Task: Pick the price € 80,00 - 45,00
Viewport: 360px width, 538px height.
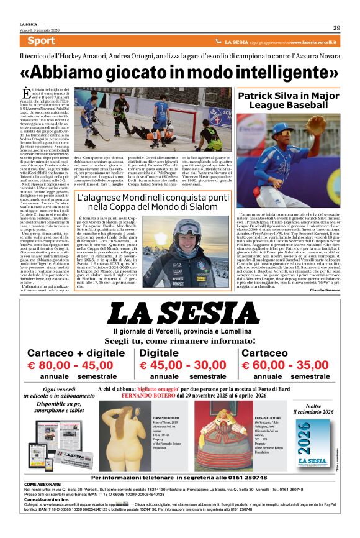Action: coord(69,366)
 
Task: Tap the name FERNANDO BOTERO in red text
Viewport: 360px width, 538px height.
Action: coord(147,395)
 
